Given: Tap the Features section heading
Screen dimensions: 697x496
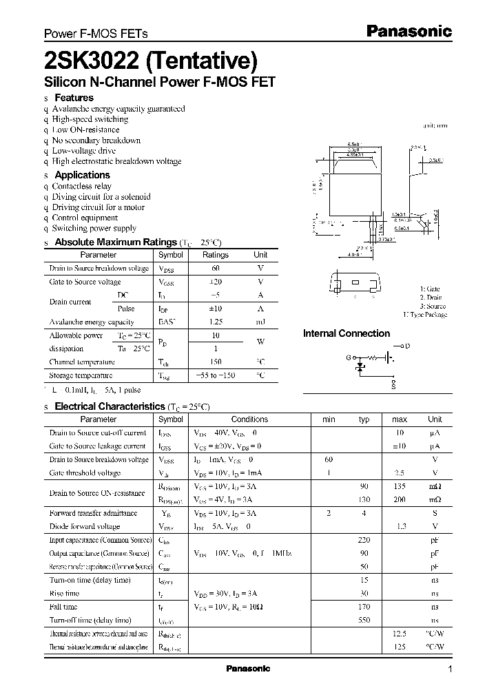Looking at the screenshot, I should [74, 98].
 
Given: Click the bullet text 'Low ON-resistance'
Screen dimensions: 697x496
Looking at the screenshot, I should [85, 129].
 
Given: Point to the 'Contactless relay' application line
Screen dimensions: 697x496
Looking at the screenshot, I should [81, 186].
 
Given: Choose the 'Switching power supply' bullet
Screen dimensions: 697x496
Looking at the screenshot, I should [94, 228].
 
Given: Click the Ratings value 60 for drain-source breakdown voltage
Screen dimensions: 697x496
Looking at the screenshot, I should [215, 268].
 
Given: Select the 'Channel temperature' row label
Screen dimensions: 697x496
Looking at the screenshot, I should [81, 362].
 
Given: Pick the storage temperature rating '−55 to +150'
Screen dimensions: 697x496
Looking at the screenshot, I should [215, 375].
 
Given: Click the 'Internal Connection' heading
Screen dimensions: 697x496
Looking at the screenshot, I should [347, 333].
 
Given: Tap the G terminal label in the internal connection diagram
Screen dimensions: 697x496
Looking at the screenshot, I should [349, 358].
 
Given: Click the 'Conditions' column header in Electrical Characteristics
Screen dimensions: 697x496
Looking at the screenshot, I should [249, 419].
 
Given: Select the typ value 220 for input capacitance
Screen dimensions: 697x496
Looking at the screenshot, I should [364, 540].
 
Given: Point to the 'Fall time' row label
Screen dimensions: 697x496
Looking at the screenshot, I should [63, 607].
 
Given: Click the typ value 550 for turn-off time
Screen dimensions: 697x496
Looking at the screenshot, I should [364, 620].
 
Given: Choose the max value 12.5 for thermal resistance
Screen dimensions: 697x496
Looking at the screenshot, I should [399, 634].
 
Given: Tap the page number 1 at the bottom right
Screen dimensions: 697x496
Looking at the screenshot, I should [450, 669].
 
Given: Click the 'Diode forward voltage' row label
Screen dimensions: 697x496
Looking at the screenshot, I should [85, 526].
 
